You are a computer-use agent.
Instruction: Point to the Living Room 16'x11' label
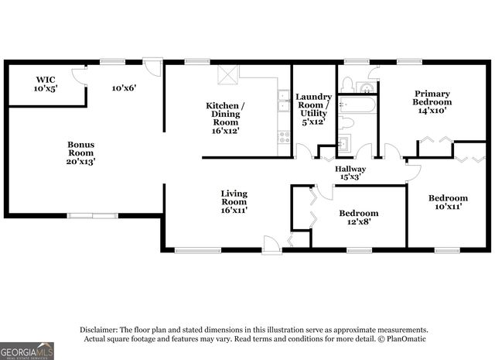(234, 201)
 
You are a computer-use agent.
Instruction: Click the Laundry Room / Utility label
(313, 108)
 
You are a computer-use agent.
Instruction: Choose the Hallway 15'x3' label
(350, 173)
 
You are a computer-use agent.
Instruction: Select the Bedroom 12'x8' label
(358, 218)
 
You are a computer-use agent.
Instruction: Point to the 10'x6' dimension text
(124, 87)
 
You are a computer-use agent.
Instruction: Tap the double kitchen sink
(284, 101)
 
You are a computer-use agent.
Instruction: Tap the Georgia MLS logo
(28, 351)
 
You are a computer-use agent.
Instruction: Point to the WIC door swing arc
(78, 76)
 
